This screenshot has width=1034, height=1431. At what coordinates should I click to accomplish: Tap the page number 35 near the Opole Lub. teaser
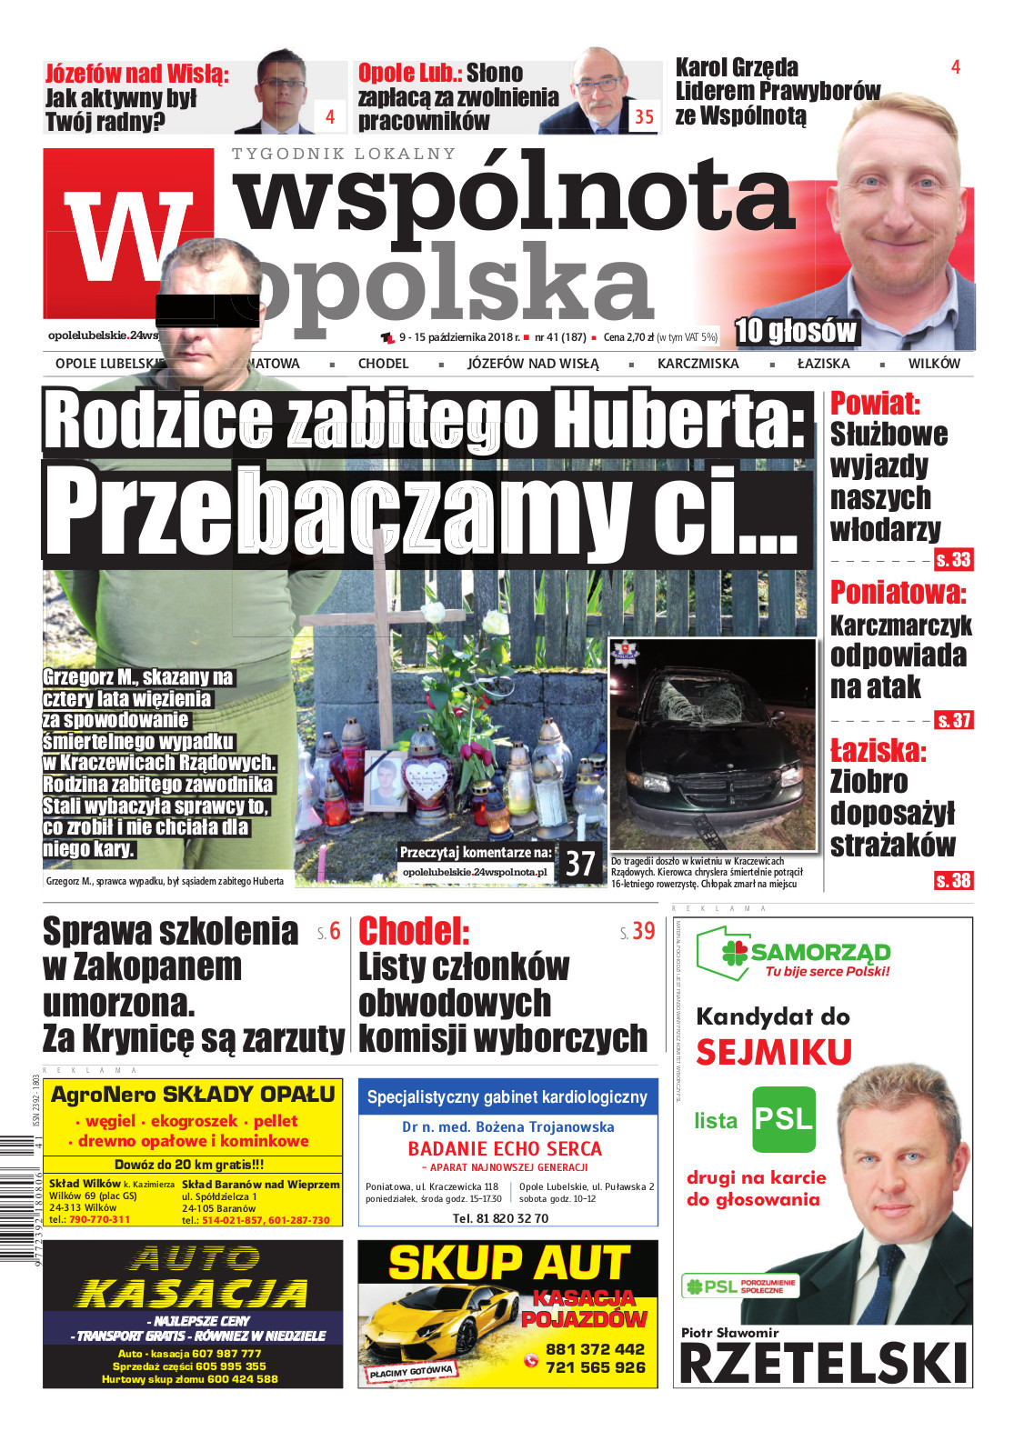click(x=644, y=116)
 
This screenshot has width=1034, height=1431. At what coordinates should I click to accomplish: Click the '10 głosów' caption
click(x=795, y=332)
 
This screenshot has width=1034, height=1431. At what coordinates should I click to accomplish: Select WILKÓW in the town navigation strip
click(x=933, y=364)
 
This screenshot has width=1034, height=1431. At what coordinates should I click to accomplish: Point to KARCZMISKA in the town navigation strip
click(x=698, y=364)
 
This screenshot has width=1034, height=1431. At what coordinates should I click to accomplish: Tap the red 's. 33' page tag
click(x=953, y=560)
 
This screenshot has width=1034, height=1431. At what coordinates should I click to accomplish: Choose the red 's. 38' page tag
click(x=953, y=880)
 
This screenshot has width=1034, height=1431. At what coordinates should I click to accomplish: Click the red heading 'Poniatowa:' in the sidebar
click(x=898, y=593)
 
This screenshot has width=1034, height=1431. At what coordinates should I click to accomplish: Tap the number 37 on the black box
click(x=580, y=864)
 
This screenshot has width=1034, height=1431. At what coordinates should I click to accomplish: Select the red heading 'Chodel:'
click(x=414, y=931)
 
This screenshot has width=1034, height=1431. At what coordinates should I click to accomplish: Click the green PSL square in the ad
click(x=784, y=1118)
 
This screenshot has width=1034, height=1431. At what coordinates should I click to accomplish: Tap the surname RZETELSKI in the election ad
click(x=823, y=1365)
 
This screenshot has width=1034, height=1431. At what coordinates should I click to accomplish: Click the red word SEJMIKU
click(x=774, y=1053)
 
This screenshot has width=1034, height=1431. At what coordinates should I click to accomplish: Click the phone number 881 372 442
click(x=595, y=1349)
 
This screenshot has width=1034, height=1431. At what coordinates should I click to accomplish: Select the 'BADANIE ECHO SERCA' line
click(x=505, y=1148)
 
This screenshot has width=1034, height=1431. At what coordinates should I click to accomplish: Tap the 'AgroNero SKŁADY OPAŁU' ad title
click(x=193, y=1095)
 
